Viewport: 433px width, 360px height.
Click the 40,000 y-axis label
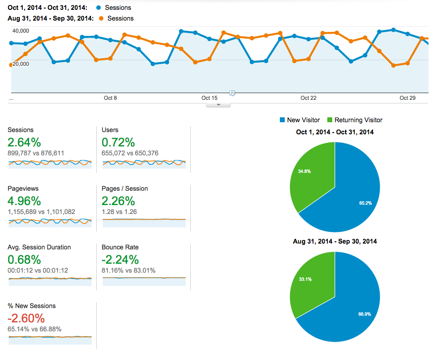(x=21, y=30)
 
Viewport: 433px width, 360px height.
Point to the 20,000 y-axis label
(x=21, y=64)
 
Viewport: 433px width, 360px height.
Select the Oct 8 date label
(x=110, y=98)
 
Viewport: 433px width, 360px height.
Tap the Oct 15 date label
(x=209, y=98)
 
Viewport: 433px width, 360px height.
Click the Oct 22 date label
(x=308, y=98)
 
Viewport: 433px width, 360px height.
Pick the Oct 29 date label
(x=407, y=98)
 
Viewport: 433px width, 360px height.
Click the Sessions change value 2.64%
(x=24, y=142)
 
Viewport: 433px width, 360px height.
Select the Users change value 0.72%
(x=118, y=142)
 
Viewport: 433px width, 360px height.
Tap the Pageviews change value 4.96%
(x=24, y=201)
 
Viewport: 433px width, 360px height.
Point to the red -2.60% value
(x=26, y=318)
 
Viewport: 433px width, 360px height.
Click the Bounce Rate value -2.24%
(x=120, y=260)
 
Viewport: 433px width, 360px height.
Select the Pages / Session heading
(x=124, y=189)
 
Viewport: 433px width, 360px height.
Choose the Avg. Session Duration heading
(x=39, y=247)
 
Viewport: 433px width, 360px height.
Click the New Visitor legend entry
(x=300, y=120)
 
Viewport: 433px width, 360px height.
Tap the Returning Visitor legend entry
(x=355, y=120)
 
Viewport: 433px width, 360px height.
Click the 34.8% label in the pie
(x=304, y=171)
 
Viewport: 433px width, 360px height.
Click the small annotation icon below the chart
(x=232, y=93)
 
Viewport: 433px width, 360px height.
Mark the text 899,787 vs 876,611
(x=36, y=153)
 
